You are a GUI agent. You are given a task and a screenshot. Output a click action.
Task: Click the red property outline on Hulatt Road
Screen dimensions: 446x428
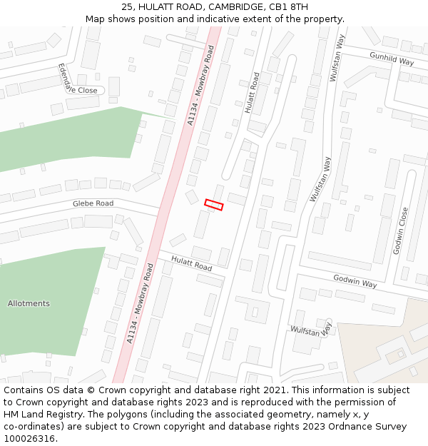[214, 205]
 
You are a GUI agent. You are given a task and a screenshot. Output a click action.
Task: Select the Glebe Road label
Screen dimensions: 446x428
[93, 203]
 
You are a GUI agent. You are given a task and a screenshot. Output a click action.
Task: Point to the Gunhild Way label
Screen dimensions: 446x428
[392, 58]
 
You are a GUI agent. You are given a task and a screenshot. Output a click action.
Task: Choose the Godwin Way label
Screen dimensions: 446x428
[355, 280]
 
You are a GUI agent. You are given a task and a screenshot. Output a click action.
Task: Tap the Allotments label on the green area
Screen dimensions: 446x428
[29, 303]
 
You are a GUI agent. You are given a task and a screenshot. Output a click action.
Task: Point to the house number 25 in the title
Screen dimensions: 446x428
[128, 6]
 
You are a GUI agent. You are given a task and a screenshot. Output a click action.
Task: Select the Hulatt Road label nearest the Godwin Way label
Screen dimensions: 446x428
[190, 263]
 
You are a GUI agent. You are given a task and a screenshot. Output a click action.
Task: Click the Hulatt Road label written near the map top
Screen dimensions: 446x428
[252, 92]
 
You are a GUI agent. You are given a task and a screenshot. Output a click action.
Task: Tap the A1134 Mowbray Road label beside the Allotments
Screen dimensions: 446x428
[140, 303]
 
